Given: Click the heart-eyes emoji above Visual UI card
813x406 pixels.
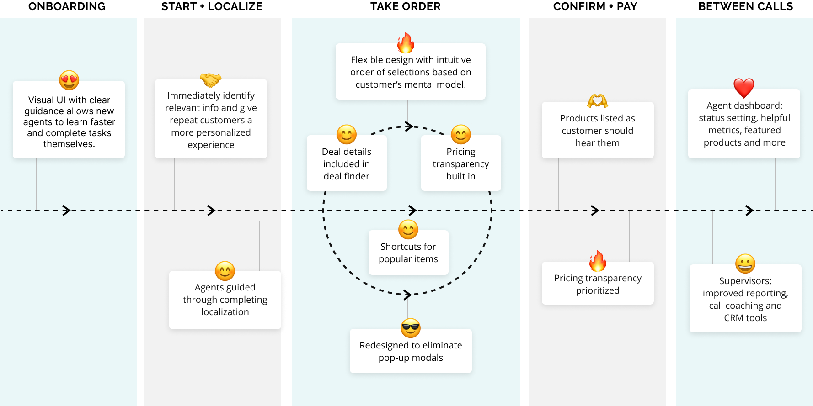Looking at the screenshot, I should (x=69, y=80).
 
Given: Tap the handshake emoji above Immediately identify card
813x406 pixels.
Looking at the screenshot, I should (x=211, y=80).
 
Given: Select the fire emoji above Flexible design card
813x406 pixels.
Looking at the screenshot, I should (x=406, y=43).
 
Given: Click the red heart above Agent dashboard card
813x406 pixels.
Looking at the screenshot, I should (x=743, y=88).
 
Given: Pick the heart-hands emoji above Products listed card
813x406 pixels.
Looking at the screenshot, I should (x=598, y=100).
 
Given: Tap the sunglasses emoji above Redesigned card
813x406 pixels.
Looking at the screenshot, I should (x=411, y=328).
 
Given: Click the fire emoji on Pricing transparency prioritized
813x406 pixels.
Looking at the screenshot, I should (x=598, y=261).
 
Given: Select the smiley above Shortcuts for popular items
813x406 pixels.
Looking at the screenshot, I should (x=408, y=229).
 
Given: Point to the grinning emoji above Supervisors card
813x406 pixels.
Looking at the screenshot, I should (x=745, y=264).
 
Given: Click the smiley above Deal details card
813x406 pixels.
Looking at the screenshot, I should (x=347, y=134).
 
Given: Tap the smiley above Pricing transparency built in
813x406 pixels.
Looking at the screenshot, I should (x=461, y=134).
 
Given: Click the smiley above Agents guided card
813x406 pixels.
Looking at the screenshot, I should (x=225, y=271).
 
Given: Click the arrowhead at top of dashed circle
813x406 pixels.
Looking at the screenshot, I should (x=409, y=127).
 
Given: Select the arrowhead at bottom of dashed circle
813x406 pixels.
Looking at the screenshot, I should (x=408, y=295).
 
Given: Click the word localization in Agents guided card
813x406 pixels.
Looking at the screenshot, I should (x=225, y=312).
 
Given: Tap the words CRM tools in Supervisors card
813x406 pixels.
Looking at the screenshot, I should (x=745, y=318).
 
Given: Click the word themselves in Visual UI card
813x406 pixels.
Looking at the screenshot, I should (x=69, y=144).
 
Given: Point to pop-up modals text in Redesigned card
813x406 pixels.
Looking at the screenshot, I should (x=411, y=358).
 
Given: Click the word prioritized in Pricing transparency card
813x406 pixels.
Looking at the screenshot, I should (x=598, y=290).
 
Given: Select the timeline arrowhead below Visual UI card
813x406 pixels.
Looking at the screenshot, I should (x=67, y=211).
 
